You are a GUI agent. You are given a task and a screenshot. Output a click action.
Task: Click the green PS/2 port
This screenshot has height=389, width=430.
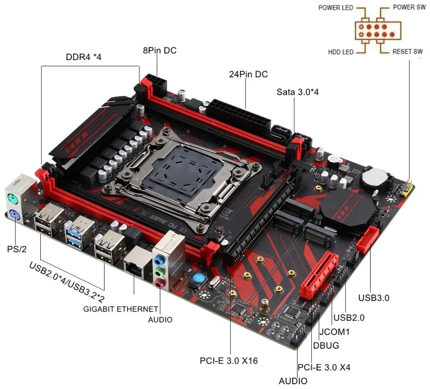[13, 198]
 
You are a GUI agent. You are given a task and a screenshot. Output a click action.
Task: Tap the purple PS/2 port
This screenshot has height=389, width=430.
[13, 214]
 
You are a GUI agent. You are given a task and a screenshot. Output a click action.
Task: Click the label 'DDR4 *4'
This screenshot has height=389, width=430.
[84, 57]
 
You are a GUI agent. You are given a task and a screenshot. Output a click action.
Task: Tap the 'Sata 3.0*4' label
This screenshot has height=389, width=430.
[298, 92]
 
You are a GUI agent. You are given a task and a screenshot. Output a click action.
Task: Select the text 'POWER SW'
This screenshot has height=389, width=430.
[409, 7]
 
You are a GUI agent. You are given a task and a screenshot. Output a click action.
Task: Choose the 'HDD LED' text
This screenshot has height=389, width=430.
[341, 52]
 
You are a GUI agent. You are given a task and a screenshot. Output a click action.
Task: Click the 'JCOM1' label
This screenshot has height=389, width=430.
[334, 332]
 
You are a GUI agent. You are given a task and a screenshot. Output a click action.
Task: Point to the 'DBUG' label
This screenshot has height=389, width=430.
[326, 346]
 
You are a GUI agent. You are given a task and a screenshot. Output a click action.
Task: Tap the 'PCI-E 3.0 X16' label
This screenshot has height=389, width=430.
[229, 361]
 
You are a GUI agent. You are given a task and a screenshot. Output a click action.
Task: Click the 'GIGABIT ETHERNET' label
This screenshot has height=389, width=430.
[121, 309]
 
